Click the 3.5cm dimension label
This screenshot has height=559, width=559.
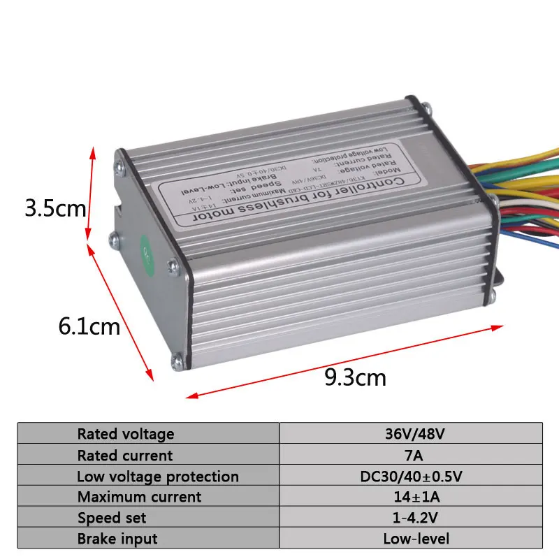(x=55, y=208)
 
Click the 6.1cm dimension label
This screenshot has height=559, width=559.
(x=89, y=326)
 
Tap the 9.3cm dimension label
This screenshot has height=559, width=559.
(x=355, y=377)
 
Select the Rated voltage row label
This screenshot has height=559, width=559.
(x=126, y=434)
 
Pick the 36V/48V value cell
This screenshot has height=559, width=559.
(x=414, y=434)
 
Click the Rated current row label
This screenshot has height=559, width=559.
(x=125, y=456)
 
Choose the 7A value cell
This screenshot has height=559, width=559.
(x=414, y=456)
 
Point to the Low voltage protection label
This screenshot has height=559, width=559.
(x=158, y=477)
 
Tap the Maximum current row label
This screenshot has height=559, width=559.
(x=139, y=497)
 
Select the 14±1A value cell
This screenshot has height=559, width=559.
(x=414, y=497)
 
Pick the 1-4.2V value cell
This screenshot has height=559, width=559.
(x=414, y=518)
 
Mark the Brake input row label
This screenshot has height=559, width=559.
(x=117, y=539)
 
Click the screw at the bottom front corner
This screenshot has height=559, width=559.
(x=177, y=361)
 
